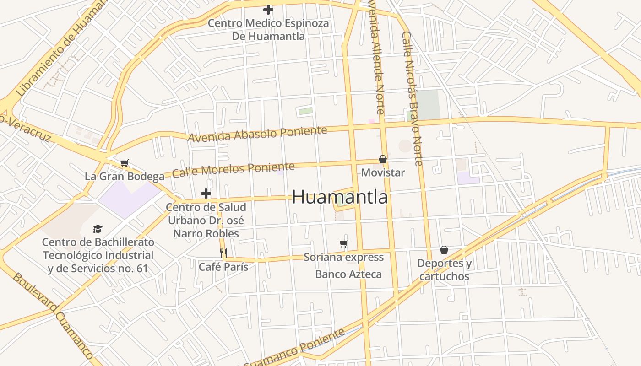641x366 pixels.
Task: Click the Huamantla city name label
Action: [x=340, y=197]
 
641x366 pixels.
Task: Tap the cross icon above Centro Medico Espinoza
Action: [x=268, y=9]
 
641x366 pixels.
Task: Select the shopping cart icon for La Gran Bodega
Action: [x=125, y=163]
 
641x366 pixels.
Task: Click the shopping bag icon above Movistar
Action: [x=383, y=159]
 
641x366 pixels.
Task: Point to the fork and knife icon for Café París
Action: [x=223, y=253]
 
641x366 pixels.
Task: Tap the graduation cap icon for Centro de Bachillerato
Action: [x=98, y=229]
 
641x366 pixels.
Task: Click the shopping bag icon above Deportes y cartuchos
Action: [x=444, y=250]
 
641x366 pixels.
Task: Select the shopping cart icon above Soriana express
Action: [x=344, y=243]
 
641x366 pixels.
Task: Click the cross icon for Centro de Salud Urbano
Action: [x=206, y=194]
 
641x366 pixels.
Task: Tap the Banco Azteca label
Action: [x=348, y=274]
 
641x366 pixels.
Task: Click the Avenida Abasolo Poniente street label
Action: [x=257, y=134]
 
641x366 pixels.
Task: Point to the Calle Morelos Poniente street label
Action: [x=233, y=169]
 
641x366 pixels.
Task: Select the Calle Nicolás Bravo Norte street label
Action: [x=411, y=98]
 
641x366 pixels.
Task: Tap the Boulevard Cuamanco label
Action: [x=53, y=316]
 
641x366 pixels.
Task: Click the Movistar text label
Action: [x=383, y=172]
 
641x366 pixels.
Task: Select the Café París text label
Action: [x=223, y=267]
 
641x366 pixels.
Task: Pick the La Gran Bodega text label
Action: [x=125, y=176]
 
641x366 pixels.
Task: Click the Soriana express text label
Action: [x=344, y=257]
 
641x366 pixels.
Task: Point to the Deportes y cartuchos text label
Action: [x=444, y=270]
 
